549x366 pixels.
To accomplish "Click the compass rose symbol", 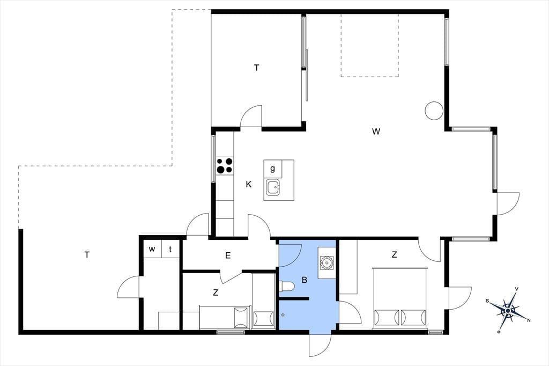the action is [x=508, y=310].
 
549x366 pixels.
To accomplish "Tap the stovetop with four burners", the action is [x=225, y=166].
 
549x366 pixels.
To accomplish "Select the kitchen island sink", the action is [x=273, y=187].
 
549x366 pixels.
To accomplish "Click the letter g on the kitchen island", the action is [x=272, y=169].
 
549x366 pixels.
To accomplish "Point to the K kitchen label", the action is [x=249, y=185].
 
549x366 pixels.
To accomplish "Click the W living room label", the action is [x=376, y=131].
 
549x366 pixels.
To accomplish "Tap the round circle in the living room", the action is [x=434, y=111].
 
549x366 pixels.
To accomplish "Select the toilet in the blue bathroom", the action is [x=287, y=287].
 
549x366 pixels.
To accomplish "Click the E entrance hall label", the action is [x=228, y=255].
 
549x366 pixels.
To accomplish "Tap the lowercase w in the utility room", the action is [x=152, y=249].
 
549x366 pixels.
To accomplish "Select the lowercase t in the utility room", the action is [x=170, y=249].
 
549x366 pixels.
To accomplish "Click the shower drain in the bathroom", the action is [x=283, y=315].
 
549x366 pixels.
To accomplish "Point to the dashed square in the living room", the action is [x=370, y=45].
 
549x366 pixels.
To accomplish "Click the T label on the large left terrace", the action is [x=87, y=255].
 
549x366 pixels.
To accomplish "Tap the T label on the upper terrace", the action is [x=257, y=68].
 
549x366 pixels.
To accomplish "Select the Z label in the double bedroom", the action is [x=394, y=255].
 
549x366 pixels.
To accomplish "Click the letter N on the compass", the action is [x=529, y=320].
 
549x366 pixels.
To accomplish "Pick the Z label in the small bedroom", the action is [x=216, y=292].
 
